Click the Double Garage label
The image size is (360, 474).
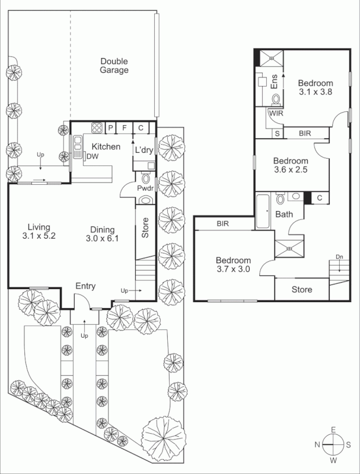click(x=114, y=65)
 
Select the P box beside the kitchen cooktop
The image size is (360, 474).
click(x=110, y=127)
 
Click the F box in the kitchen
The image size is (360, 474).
click(x=125, y=127)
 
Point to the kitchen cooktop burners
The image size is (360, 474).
click(x=96, y=127)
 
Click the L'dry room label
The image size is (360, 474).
click(x=144, y=150)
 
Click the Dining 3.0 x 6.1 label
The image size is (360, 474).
click(x=101, y=235)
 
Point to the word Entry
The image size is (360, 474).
click(x=85, y=286)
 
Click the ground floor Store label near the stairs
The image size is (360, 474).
click(x=145, y=229)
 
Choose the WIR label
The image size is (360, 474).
click(x=276, y=112)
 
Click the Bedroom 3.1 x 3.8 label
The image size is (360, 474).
click(x=315, y=88)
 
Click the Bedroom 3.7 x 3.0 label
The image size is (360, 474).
click(x=232, y=264)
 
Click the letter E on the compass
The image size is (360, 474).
click(x=334, y=430)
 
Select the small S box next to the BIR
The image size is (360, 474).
click(x=277, y=134)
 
